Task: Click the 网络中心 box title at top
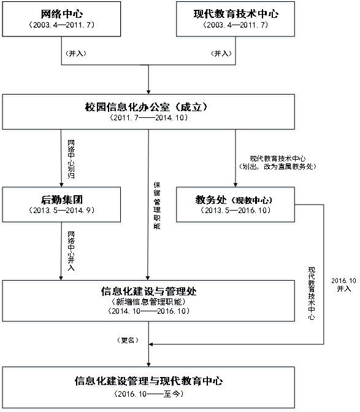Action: (x=62, y=14)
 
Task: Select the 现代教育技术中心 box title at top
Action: (x=236, y=14)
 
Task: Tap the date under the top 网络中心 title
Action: (x=62, y=25)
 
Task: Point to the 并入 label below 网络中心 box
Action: (x=76, y=53)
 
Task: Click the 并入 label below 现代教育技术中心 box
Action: (x=221, y=53)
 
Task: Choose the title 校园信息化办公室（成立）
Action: (x=147, y=107)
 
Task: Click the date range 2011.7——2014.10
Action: (x=149, y=117)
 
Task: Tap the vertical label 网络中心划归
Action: (x=71, y=159)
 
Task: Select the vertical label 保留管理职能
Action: (x=157, y=206)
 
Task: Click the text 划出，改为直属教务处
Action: (x=278, y=166)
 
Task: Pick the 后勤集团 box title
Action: (x=62, y=200)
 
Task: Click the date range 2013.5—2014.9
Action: (x=62, y=210)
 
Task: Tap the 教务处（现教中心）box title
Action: (x=234, y=200)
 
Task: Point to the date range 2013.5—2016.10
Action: (x=236, y=210)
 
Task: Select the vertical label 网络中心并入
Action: (x=71, y=251)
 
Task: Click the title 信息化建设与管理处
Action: (x=149, y=292)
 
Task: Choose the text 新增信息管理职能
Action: (x=149, y=301)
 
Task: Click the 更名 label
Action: (x=128, y=340)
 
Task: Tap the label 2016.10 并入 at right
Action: (x=343, y=284)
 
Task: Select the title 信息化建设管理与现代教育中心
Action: (x=149, y=381)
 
